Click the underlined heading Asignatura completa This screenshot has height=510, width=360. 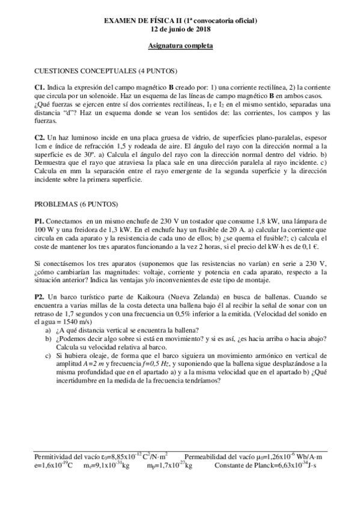coord(180,46)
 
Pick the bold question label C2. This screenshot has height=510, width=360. coord(40,138)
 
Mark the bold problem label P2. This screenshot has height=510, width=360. coord(40,297)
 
